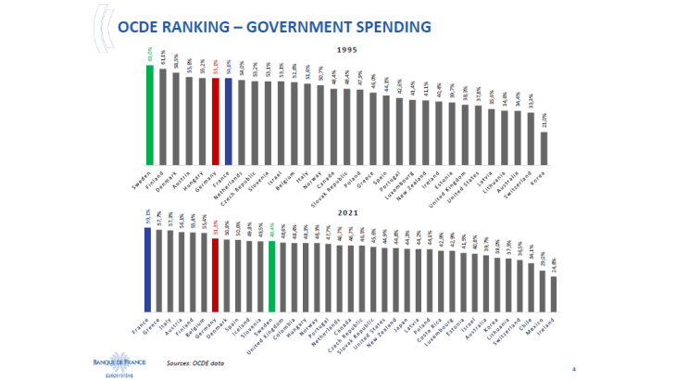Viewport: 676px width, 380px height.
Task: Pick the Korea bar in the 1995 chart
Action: pyautogui.click(x=545, y=149)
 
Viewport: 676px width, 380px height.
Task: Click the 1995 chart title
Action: pyautogui.click(x=345, y=49)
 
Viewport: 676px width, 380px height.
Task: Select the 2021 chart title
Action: pyautogui.click(x=345, y=211)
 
